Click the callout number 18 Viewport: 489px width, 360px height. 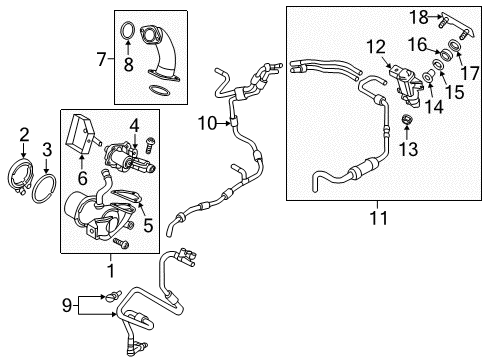pyautogui.click(x=419, y=17)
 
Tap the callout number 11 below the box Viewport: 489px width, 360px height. pyautogui.click(x=379, y=218)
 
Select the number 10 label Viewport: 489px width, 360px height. pyautogui.click(x=207, y=123)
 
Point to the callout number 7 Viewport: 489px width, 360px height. pyautogui.click(x=101, y=59)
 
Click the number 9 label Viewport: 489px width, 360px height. pyautogui.click(x=67, y=305)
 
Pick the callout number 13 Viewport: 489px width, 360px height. pyautogui.click(x=408, y=149)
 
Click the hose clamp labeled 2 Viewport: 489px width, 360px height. pyautogui.click(x=21, y=177)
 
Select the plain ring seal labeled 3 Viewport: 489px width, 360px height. pyautogui.click(x=44, y=188)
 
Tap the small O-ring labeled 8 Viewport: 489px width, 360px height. pyautogui.click(x=128, y=31)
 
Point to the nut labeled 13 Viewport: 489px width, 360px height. pyautogui.click(x=407, y=119)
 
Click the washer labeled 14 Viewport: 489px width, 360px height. pyautogui.click(x=428, y=76)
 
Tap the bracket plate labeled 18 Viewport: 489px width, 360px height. pyautogui.click(x=457, y=25)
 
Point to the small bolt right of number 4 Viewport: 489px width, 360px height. pyautogui.click(x=150, y=145)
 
